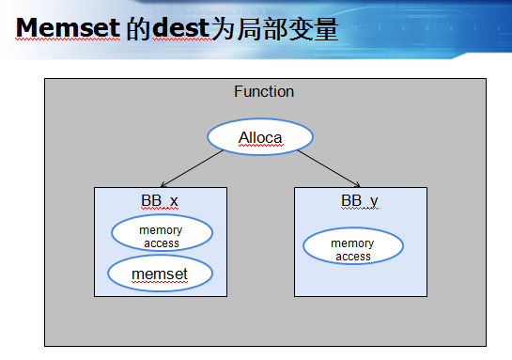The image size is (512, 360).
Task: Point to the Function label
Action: click(264, 91)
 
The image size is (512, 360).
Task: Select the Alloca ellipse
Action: click(260, 137)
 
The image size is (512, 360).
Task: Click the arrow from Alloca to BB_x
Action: click(193, 166)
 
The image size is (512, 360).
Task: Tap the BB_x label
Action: click(160, 201)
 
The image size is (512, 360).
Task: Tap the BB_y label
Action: click(360, 201)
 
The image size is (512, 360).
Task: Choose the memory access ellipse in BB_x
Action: click(161, 236)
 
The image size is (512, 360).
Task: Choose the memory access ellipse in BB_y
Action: click(353, 249)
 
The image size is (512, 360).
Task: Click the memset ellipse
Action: click(161, 274)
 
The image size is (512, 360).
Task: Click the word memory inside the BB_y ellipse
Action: click(353, 243)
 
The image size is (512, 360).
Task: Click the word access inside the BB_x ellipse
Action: click(161, 243)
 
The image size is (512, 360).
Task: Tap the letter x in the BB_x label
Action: click(174, 201)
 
